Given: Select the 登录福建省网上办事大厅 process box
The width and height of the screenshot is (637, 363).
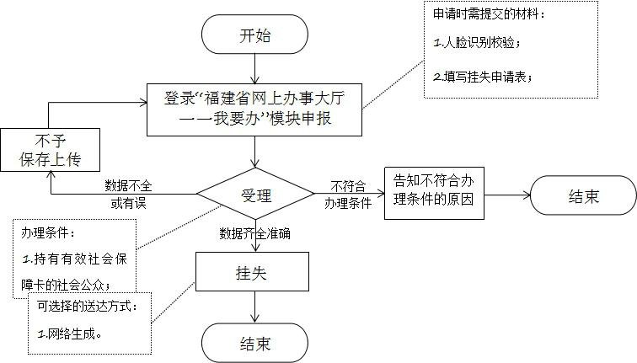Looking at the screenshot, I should point(254,109).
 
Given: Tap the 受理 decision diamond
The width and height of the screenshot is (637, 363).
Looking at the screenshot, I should point(255,196).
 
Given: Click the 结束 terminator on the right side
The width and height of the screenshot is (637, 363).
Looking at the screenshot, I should point(583,196).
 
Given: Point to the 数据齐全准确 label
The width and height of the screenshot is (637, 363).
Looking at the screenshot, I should point(254,233).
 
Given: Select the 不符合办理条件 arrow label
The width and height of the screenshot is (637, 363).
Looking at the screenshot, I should point(348,195).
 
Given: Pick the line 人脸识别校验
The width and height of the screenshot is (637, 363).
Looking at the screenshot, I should point(477,42).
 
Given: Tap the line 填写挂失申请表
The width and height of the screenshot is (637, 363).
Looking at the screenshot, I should point(482,77).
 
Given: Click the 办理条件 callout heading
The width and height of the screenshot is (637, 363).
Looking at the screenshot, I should point(49,231).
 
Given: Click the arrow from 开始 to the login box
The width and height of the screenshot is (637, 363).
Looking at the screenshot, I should point(254,71).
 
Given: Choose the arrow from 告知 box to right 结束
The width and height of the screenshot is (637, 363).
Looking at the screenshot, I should point(507,195).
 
